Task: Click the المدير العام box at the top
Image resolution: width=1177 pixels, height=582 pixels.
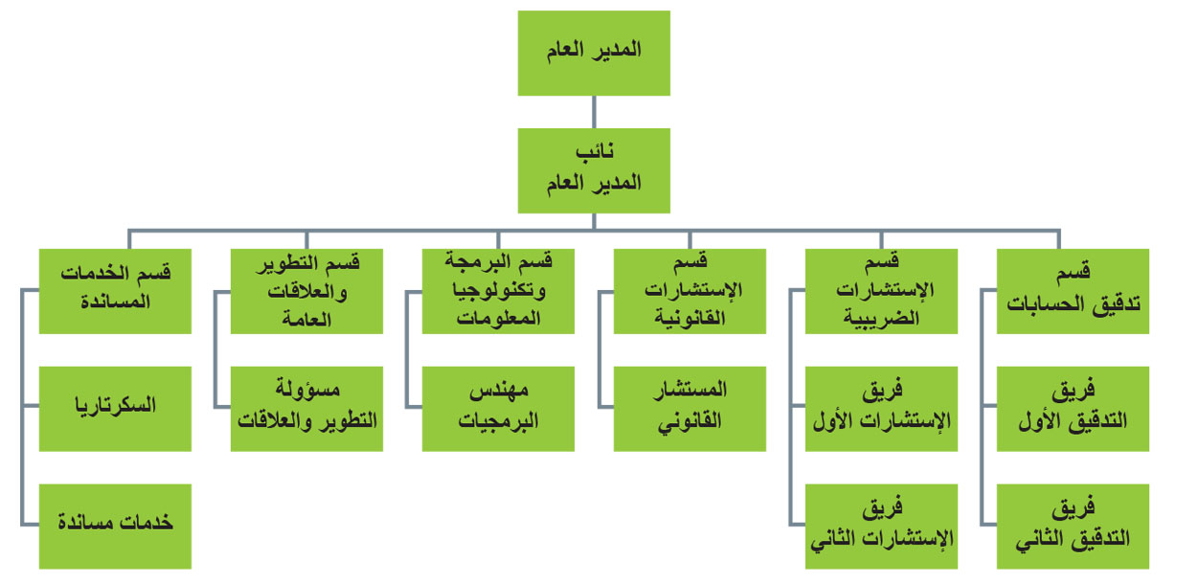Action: coord(594,53)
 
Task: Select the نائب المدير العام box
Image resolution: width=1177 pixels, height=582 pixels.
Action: coord(594,170)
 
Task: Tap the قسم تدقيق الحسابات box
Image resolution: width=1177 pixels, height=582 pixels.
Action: coord(1073,291)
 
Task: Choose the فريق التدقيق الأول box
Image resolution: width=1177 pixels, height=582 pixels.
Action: coord(1073,408)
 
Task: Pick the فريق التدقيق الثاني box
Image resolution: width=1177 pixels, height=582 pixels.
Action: coord(1073,526)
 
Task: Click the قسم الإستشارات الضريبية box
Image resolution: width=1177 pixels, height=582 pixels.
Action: coord(881,291)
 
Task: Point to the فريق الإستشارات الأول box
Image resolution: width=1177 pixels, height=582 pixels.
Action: coord(881,408)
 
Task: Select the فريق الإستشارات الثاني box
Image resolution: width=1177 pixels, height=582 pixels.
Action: coord(881,526)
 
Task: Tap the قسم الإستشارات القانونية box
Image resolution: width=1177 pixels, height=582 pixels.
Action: coord(690,291)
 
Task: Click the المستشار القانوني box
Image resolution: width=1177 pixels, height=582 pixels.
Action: coord(690,408)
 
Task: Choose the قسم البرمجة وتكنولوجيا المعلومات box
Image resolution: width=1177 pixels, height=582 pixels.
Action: coord(498,291)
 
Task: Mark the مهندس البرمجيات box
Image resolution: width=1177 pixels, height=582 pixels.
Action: coord(498,408)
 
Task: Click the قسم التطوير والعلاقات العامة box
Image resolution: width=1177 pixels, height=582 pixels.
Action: coord(306,291)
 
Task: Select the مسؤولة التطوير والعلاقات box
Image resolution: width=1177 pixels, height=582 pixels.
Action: coord(306,408)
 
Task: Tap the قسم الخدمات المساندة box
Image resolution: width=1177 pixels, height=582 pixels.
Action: coord(115,291)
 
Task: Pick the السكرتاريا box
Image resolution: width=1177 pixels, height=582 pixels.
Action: coord(115,408)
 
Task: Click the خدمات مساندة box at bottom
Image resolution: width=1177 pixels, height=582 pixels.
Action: coord(115,526)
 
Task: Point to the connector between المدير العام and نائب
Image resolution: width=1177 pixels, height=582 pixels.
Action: coord(594,112)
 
